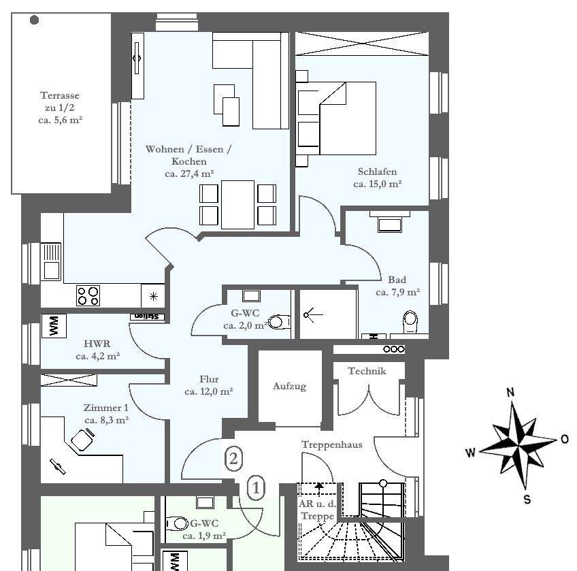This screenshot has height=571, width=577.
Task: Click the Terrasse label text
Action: [60, 95]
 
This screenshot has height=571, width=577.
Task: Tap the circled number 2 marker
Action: [233, 459]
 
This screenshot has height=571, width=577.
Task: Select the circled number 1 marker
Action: [256, 488]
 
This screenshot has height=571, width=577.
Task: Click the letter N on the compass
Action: [510, 393]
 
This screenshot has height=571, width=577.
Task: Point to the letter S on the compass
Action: [527, 500]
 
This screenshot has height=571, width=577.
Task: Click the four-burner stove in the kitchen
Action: [88, 295]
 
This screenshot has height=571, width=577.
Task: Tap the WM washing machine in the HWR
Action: [54, 326]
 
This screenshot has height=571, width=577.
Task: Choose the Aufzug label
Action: [289, 387]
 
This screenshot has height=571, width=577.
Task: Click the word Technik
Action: [367, 371]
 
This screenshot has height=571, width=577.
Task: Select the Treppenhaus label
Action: [332, 444]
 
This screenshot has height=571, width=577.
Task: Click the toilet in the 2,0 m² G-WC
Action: [279, 322]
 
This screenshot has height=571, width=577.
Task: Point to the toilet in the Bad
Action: [410, 323]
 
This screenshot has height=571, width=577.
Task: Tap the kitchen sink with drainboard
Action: [51, 262]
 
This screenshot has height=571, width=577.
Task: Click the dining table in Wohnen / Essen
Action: [237, 205]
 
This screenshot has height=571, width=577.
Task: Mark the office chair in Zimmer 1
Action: [82, 439]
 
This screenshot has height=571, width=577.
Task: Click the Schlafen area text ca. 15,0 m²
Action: [377, 184]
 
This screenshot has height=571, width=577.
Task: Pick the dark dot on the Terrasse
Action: [34, 20]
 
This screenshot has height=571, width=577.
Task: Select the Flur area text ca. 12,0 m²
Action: [209, 391]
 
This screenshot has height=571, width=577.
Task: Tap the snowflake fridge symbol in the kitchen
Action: [154, 296]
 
